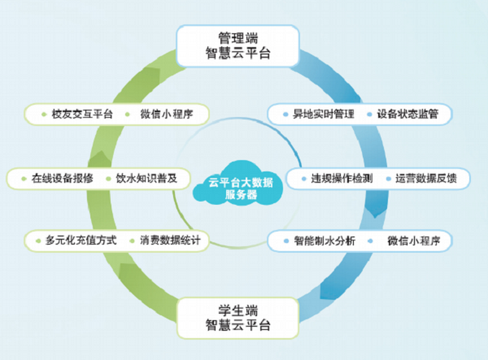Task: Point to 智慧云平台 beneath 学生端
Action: point(237,328)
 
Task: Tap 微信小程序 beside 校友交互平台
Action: point(166,114)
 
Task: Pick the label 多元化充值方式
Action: point(81,241)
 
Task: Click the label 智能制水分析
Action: point(323,241)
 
